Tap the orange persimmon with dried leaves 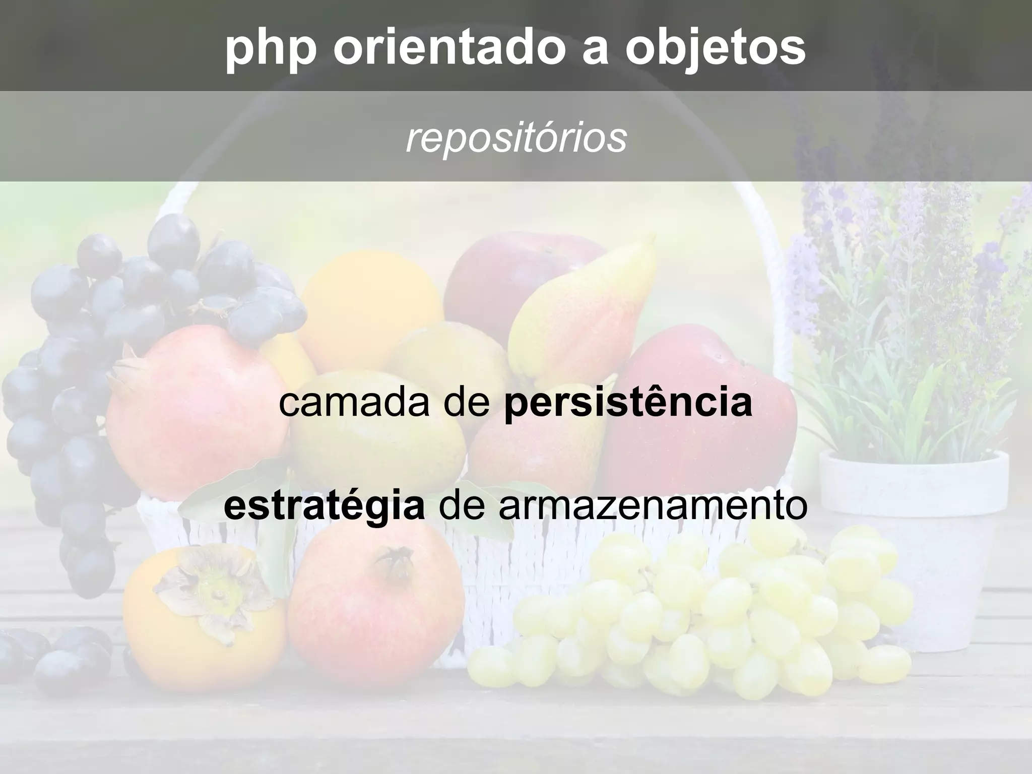coord(202,630)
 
